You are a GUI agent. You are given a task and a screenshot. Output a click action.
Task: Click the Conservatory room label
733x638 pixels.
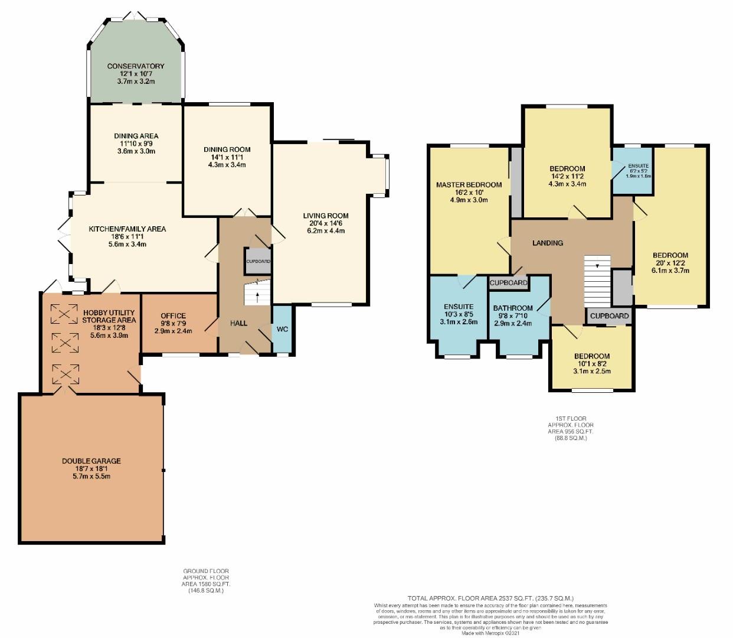click(136, 66)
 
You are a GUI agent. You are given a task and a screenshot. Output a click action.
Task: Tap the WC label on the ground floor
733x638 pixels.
click(282, 329)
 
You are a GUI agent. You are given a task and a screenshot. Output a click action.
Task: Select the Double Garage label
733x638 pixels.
click(91, 461)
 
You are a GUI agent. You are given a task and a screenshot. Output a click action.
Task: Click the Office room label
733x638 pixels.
click(174, 316)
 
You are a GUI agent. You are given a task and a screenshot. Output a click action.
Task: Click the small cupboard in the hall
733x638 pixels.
click(258, 261)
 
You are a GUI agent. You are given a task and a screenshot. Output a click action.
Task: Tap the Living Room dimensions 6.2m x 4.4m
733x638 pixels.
click(326, 231)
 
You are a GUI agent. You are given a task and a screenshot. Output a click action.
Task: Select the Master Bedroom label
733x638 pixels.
click(469, 185)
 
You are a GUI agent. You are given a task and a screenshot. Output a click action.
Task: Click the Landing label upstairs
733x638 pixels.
click(548, 243)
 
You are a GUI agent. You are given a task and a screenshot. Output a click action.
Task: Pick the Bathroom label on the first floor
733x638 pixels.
click(513, 308)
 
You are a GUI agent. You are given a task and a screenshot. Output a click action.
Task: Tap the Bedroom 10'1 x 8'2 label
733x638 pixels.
click(592, 356)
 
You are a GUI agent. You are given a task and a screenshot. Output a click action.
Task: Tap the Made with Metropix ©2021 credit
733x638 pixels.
click(490, 634)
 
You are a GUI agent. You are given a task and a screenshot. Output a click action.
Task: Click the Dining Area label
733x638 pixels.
click(136, 136)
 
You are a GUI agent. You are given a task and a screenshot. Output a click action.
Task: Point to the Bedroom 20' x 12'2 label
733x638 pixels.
click(670, 256)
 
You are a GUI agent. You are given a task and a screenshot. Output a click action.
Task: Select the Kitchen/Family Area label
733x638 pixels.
click(127, 229)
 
